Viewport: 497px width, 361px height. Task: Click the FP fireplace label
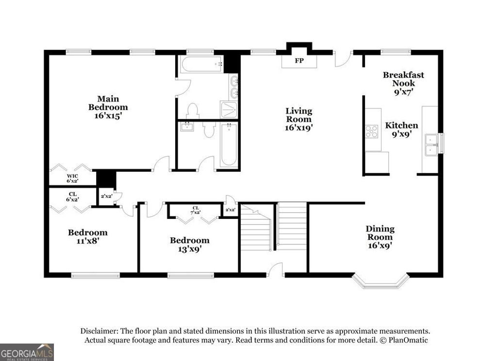pos(299,62)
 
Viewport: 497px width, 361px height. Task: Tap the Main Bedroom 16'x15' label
pos(107,107)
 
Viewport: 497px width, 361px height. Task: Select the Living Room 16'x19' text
pos(298,119)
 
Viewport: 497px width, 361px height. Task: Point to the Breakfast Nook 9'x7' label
pos(403,82)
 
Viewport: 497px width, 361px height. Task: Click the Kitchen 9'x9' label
pos(401,130)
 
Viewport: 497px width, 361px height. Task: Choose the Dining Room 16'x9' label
pos(380,237)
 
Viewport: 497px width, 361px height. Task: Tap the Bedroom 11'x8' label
pos(87,236)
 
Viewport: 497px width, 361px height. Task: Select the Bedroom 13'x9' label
pos(189,244)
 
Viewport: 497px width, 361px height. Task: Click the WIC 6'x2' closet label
pos(72,178)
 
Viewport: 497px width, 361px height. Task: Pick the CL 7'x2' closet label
pos(195,210)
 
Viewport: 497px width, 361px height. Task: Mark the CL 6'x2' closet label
pos(72,196)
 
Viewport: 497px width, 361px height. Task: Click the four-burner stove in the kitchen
pos(372,131)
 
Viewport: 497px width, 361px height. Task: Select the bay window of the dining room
pos(380,282)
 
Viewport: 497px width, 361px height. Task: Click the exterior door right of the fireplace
pos(342,59)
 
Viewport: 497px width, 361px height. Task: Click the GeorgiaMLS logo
pos(27,352)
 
